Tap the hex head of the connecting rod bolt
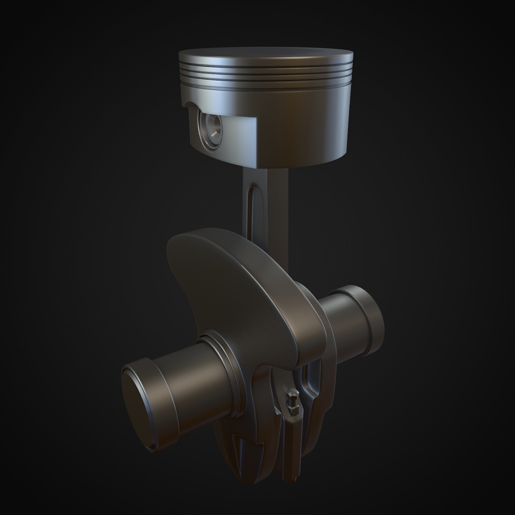coord(292,394)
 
